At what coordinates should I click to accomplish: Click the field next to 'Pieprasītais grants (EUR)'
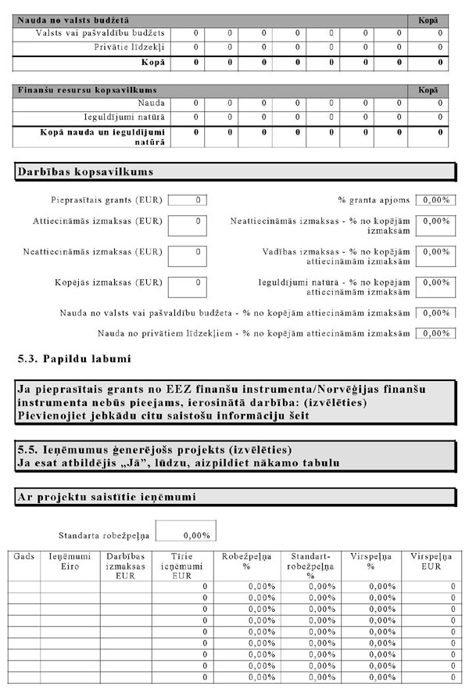pos(188,200)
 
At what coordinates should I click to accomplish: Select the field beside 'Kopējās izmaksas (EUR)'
pos(188,286)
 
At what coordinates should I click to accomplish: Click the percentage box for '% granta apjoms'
pos(435,200)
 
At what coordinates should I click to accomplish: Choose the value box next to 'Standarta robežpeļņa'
pos(184,536)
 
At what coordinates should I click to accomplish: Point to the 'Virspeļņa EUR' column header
pos(428,560)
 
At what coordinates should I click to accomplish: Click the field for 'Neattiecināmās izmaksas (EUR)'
pos(188,256)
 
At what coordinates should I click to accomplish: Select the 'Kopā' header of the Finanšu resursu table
pos(428,90)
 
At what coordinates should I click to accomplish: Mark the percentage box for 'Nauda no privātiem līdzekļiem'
pos(435,333)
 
